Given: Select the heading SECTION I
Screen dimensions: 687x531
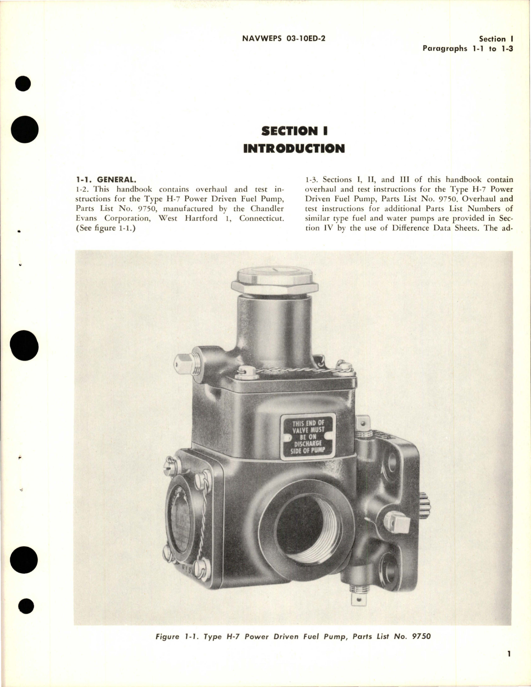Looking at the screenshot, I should pos(294,132).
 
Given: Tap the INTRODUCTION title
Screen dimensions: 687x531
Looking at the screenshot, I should pos(294,148).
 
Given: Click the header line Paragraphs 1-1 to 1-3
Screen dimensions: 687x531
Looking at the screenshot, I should pos(468,48).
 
